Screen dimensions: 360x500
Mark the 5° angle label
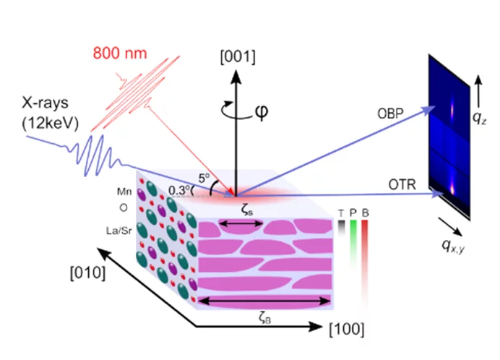point(204,176)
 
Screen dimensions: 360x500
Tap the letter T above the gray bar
point(341,213)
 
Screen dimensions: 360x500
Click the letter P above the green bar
point(352,213)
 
